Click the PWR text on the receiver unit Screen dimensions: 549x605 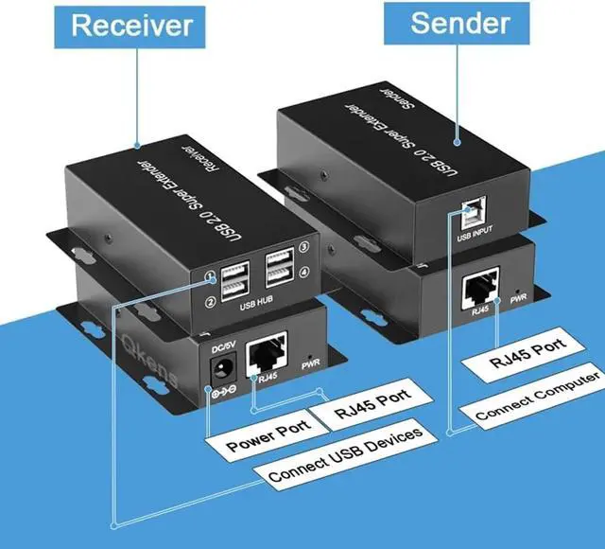tap(310, 364)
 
